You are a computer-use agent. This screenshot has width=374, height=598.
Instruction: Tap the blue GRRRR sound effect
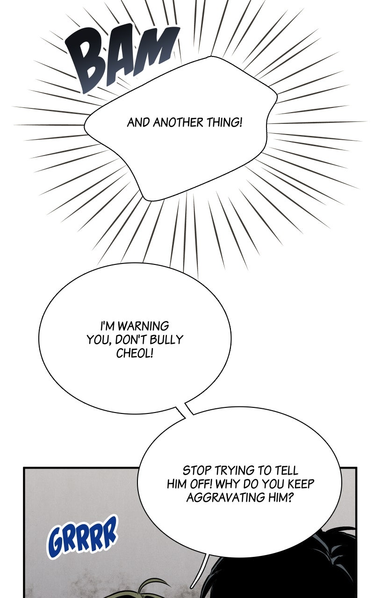click(x=82, y=537)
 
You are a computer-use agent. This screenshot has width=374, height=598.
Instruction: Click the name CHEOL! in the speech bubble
click(x=135, y=353)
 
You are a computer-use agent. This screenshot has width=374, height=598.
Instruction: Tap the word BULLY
click(x=166, y=339)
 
